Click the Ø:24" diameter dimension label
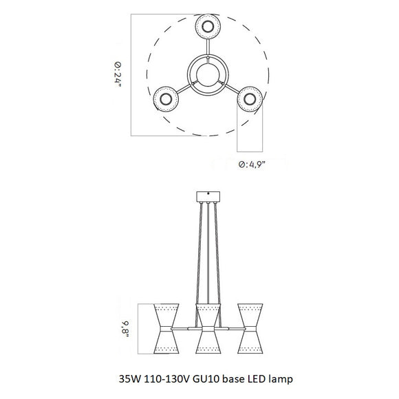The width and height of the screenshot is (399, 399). click(118, 74)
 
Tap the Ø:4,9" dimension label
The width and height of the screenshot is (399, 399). click(252, 164)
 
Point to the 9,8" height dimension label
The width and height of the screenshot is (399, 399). click(125, 329)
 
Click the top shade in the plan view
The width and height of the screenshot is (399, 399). click(208, 26)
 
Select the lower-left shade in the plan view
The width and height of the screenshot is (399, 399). click(166, 99)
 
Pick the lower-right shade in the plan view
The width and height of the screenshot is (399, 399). click(250, 99)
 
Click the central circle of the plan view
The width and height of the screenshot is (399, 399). click(208, 74)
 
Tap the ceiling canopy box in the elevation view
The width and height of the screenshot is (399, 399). click(208, 197)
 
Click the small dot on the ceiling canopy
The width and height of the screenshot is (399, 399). click(208, 193)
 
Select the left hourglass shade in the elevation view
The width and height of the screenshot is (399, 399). click(166, 329)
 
